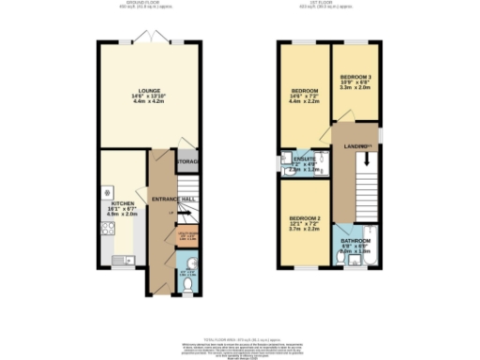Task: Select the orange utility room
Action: tap(187, 235)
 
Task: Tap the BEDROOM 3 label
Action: tap(354, 76)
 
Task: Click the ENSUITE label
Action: tap(301, 160)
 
